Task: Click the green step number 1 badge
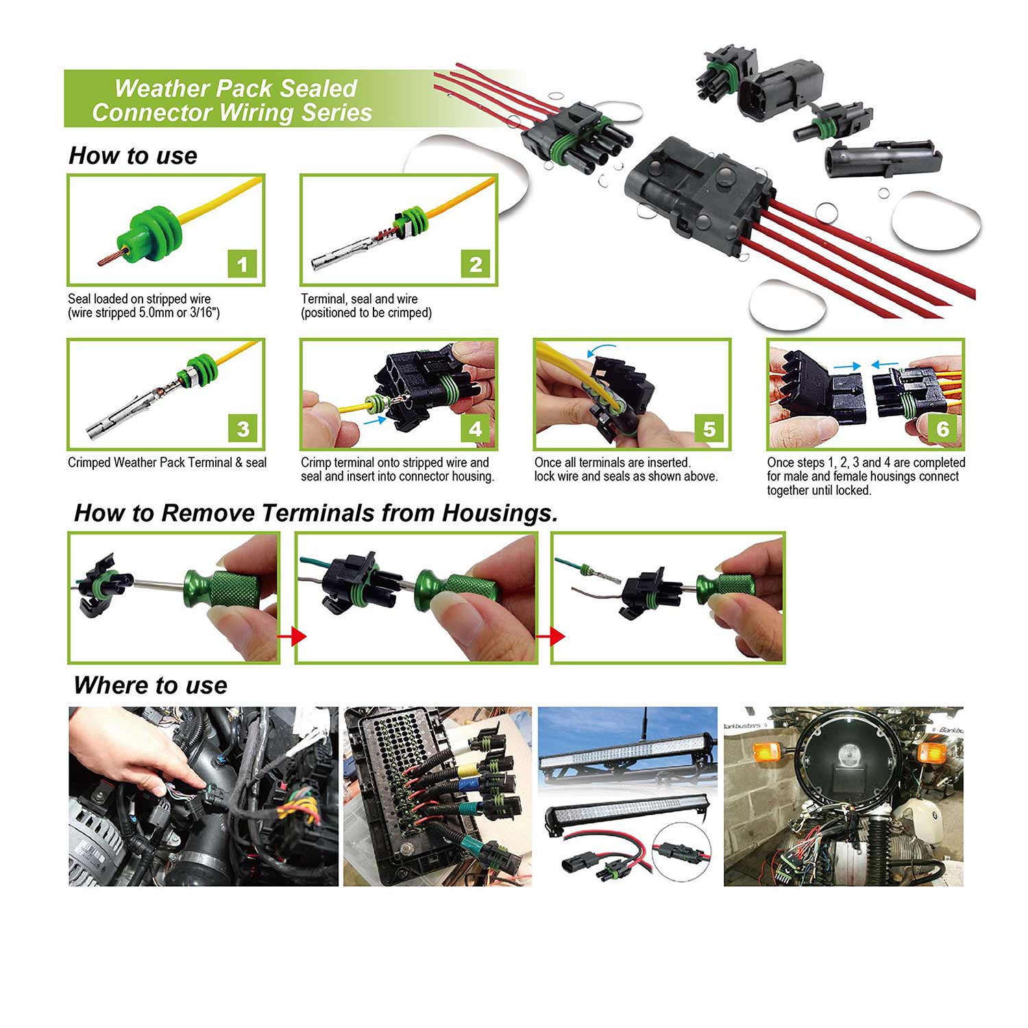(242, 264)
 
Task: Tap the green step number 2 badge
(476, 264)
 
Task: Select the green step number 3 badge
(243, 428)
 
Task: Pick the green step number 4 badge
(476, 428)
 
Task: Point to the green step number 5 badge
(709, 428)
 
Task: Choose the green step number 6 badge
(942, 428)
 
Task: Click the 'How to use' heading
(133, 156)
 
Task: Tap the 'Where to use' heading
(150, 685)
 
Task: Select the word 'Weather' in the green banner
(162, 88)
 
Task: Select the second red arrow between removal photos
(551, 636)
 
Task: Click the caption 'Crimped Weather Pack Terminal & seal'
(167, 463)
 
